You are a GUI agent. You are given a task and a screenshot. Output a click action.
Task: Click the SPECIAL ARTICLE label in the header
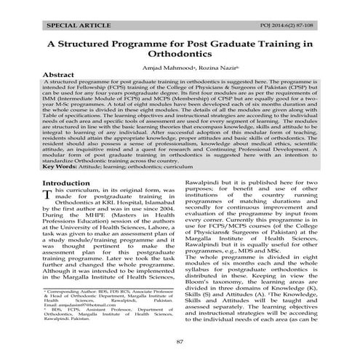point(76,25)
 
